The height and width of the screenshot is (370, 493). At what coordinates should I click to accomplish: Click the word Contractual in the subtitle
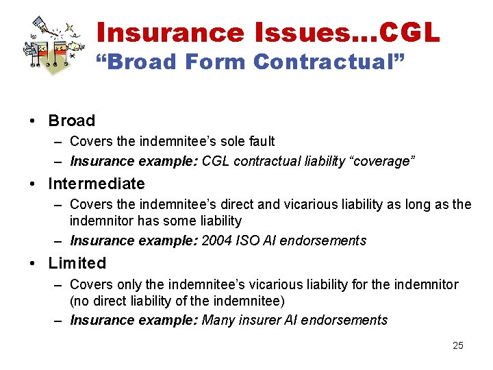328,62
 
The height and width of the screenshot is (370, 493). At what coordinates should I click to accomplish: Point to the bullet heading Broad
71,121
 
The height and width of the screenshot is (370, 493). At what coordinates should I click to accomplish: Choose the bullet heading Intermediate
97,184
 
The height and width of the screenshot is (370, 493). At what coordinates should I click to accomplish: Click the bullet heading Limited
77,263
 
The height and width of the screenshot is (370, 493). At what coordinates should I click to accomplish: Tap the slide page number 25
458,345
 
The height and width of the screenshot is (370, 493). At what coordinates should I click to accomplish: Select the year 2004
216,241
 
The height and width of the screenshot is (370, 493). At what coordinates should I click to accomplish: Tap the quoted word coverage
387,161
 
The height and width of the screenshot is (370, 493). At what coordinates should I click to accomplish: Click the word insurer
258,320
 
